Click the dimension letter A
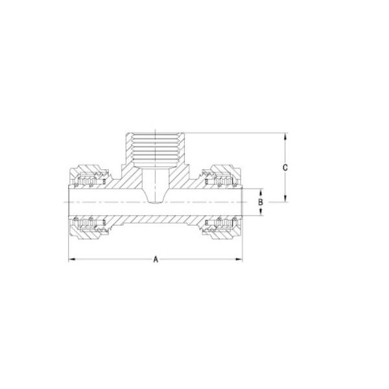[156, 259]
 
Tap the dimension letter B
[260, 202]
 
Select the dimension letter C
[285, 168]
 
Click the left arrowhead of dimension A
[72, 259]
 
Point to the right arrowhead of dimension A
[239, 259]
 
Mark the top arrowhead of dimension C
[285, 136]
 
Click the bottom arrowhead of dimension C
[285, 198]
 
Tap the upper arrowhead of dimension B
[261, 193]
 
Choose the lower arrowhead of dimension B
[261, 212]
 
